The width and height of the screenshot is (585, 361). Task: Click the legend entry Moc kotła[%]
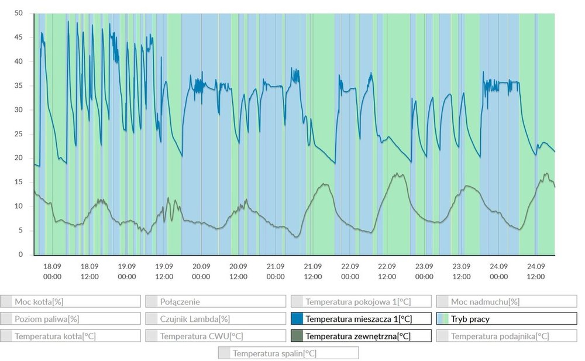(70, 301)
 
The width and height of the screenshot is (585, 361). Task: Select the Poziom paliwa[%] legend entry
(70, 319)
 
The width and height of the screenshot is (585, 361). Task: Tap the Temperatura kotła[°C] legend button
(70, 336)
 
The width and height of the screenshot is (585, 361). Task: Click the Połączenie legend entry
(215, 301)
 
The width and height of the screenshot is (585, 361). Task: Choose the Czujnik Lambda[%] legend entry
(215, 319)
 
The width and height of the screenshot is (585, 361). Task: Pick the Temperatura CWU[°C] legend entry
(215, 336)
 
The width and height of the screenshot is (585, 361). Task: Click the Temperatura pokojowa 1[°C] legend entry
(361, 301)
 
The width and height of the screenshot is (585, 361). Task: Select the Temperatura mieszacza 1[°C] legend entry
(361, 319)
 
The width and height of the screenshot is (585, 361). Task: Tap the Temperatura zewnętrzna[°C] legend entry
(361, 336)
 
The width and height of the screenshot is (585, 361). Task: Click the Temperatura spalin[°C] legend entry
(288, 353)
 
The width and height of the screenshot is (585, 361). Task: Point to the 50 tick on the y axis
(18, 13)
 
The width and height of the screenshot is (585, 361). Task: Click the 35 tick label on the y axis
(18, 85)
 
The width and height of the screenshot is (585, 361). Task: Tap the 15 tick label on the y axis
(18, 182)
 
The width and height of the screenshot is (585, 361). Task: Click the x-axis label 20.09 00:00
(201, 270)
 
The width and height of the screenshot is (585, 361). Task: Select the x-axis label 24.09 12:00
(536, 270)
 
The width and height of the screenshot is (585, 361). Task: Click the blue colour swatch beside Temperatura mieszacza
(297, 319)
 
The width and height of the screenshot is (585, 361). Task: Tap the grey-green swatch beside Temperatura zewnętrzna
(297, 336)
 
